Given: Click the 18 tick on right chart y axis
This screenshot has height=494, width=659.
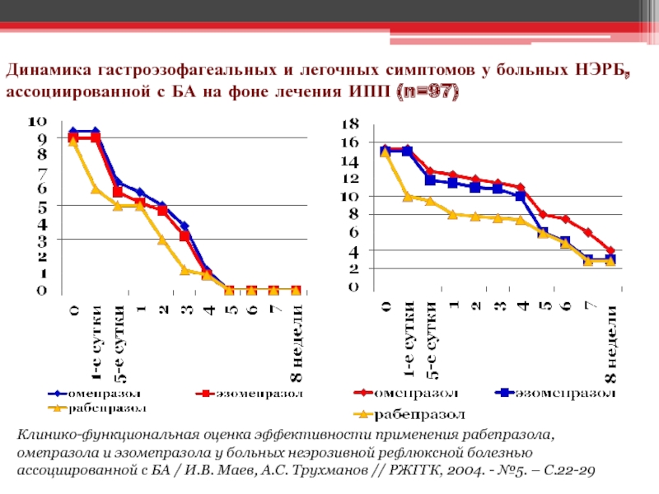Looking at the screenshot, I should pos(350,123).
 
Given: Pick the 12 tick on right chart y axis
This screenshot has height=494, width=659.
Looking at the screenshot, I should pos(350,178).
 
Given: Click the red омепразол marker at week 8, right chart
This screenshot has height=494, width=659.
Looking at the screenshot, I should pos(610,250).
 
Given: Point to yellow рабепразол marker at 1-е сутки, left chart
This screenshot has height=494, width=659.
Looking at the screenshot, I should pos(96,189).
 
